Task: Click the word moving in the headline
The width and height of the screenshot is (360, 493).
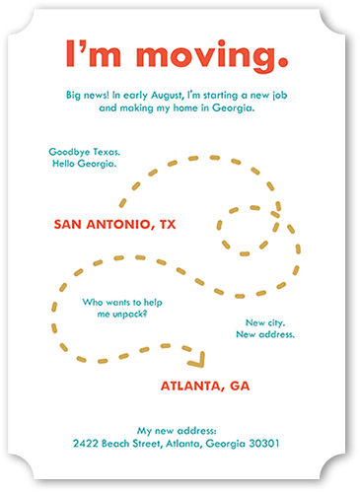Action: [211, 55]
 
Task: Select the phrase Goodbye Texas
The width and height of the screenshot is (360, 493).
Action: [84, 152]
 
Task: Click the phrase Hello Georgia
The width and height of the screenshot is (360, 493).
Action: [84, 164]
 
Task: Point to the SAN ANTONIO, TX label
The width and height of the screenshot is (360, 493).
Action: [114, 224]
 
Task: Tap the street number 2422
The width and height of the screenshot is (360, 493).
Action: [88, 444]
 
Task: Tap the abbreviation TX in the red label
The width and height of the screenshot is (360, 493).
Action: [166, 224]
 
